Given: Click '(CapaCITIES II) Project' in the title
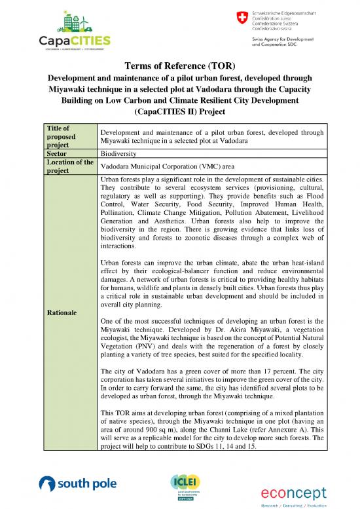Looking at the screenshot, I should (179, 112).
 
